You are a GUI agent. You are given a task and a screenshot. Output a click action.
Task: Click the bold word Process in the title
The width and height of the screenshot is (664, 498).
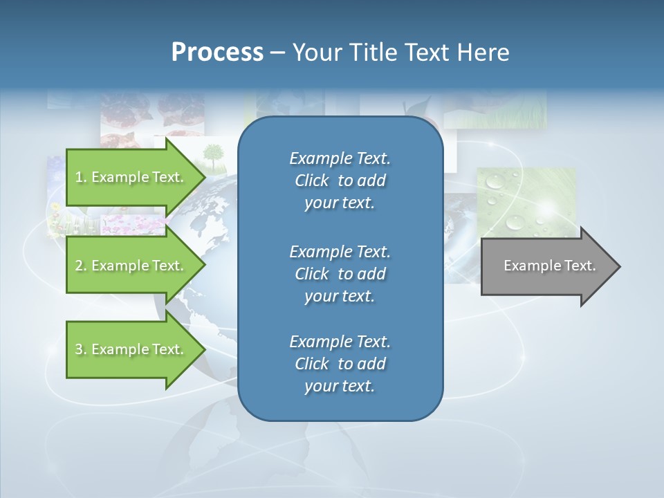coord(217,53)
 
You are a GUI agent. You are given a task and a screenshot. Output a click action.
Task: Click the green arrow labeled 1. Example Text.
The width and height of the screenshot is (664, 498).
coord(131,177)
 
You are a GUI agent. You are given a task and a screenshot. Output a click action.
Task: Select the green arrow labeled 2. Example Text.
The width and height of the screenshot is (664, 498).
coord(131,266)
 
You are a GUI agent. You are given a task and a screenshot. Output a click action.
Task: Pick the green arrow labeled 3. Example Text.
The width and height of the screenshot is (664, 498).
coord(131,349)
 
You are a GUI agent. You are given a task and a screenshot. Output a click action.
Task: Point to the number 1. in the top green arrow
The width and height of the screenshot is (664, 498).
coord(80,177)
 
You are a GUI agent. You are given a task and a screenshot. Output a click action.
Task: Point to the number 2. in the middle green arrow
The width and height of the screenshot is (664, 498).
coord(80,266)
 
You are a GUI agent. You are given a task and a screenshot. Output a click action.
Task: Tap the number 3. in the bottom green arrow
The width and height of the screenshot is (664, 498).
coord(80,349)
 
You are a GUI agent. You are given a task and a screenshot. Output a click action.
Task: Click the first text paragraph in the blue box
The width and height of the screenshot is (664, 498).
coord(340,181)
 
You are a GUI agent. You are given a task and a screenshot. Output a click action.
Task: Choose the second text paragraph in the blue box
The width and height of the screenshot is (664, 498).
coord(340,274)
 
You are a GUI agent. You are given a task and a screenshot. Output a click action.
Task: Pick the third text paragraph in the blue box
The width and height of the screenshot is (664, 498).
coord(340,364)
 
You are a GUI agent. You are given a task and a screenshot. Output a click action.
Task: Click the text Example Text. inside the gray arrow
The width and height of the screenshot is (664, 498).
coord(550,266)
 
